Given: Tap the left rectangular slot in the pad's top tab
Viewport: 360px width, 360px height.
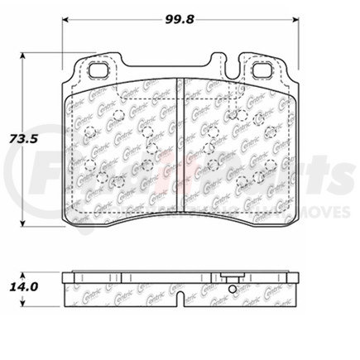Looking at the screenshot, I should (99, 71).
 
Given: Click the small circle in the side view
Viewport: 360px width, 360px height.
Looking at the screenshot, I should (233, 289).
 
